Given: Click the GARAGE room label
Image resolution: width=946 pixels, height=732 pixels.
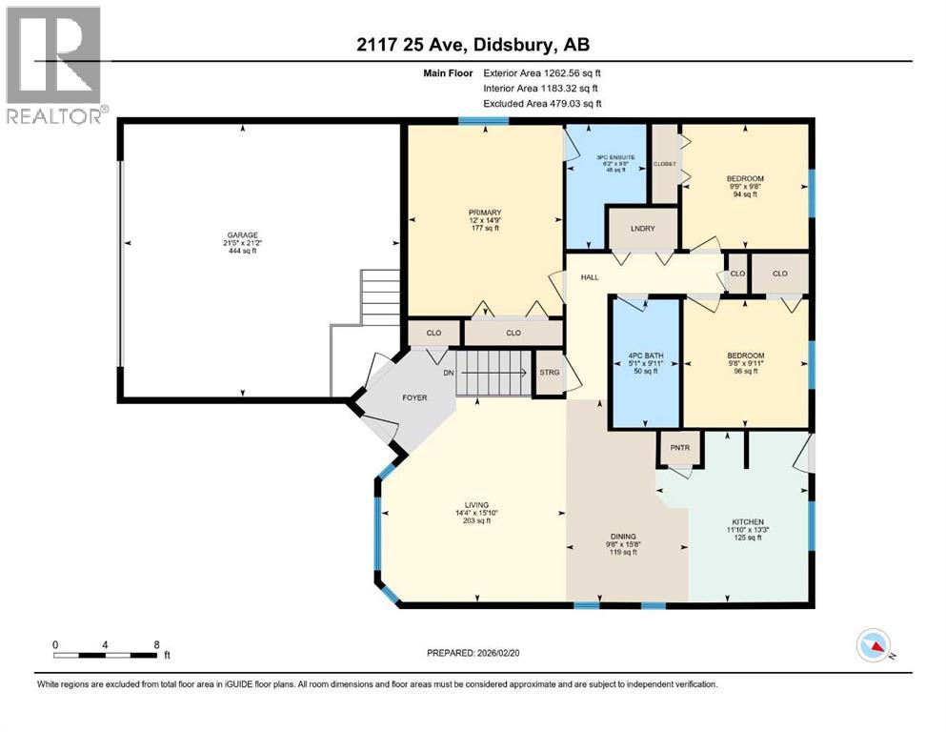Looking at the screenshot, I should click(242, 235).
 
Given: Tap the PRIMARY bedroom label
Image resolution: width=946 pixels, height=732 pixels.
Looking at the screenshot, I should click(485, 213).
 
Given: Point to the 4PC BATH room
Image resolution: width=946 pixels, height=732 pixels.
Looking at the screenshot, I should click(644, 363).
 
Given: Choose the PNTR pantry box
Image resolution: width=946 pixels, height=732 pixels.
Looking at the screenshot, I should click(679, 446).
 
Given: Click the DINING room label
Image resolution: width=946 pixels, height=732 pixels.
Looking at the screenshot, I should click(625, 537).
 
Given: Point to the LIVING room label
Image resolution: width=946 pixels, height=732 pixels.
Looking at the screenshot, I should click(476, 505).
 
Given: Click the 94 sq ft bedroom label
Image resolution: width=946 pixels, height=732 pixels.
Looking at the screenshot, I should click(744, 179).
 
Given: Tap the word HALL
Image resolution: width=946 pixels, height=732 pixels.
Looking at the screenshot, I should click(590, 277).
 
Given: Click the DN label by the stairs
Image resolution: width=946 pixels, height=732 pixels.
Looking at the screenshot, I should click(448, 373).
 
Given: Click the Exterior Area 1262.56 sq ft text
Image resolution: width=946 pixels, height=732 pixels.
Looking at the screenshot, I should click(542, 72).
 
